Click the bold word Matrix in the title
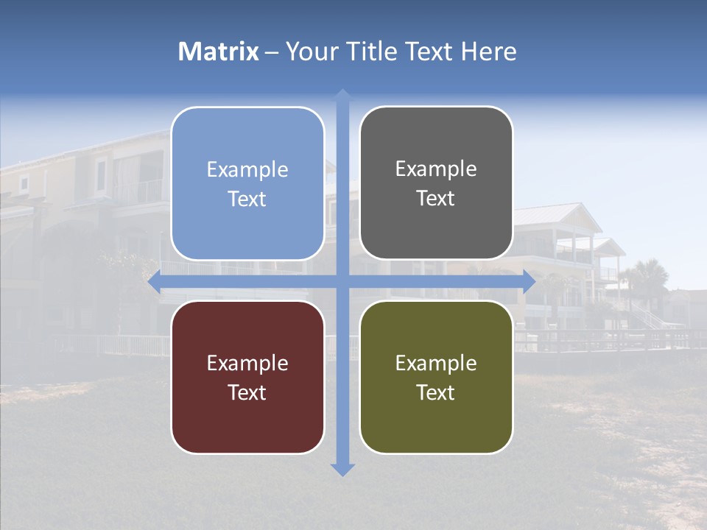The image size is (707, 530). pos(219,52)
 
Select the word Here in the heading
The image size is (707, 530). pos(489,52)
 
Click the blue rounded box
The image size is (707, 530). pos(247,184)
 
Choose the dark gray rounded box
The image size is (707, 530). pos(436,183)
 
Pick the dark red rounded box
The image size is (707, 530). pos(247,377)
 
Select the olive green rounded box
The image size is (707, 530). pos(436,377)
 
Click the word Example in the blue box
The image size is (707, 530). pos(247,170)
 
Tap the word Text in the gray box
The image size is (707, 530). pos(436,199)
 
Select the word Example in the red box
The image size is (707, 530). pos(247,363)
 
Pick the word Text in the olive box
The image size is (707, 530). pos(436,392)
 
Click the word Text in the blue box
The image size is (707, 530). pos(247,199)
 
